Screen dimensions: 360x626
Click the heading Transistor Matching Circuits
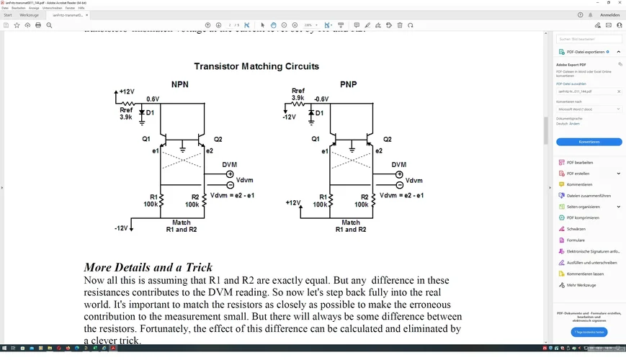point(256,66)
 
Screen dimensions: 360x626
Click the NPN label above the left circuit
point(180,85)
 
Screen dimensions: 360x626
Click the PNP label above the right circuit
point(349,85)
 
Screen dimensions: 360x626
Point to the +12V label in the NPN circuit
point(127,91)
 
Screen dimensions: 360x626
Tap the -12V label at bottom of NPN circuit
point(120,228)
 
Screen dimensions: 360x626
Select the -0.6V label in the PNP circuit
point(321,99)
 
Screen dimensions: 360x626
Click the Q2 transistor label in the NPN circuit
point(218,139)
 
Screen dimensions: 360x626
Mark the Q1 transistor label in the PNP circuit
point(316,139)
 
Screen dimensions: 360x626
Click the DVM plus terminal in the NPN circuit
point(230,174)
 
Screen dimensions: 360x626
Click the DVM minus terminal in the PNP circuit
point(398,185)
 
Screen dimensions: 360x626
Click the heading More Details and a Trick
point(148,267)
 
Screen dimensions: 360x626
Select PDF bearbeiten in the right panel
point(579,163)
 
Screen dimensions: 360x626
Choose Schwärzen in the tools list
point(576,229)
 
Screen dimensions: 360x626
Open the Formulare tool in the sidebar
point(576,240)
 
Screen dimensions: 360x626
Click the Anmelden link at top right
point(609,15)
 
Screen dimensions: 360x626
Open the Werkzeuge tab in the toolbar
point(30,15)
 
